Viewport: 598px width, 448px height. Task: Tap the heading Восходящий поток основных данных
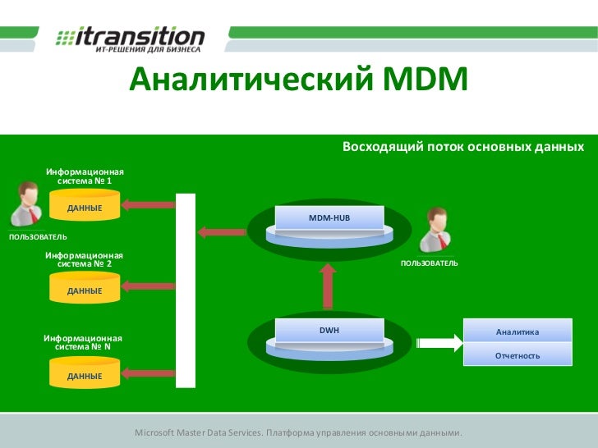(x=462, y=148)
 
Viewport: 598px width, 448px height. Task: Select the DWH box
(x=329, y=331)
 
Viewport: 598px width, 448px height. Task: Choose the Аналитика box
(x=517, y=331)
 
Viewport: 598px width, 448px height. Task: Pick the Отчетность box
(x=517, y=355)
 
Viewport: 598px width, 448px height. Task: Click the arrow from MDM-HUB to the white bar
(x=223, y=232)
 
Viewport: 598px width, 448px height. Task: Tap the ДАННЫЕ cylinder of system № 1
(x=85, y=208)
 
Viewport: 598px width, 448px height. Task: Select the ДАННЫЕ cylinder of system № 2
(x=85, y=290)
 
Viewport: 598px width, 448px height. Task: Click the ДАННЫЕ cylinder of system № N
(x=85, y=376)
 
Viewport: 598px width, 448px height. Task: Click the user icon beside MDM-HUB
(x=433, y=231)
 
